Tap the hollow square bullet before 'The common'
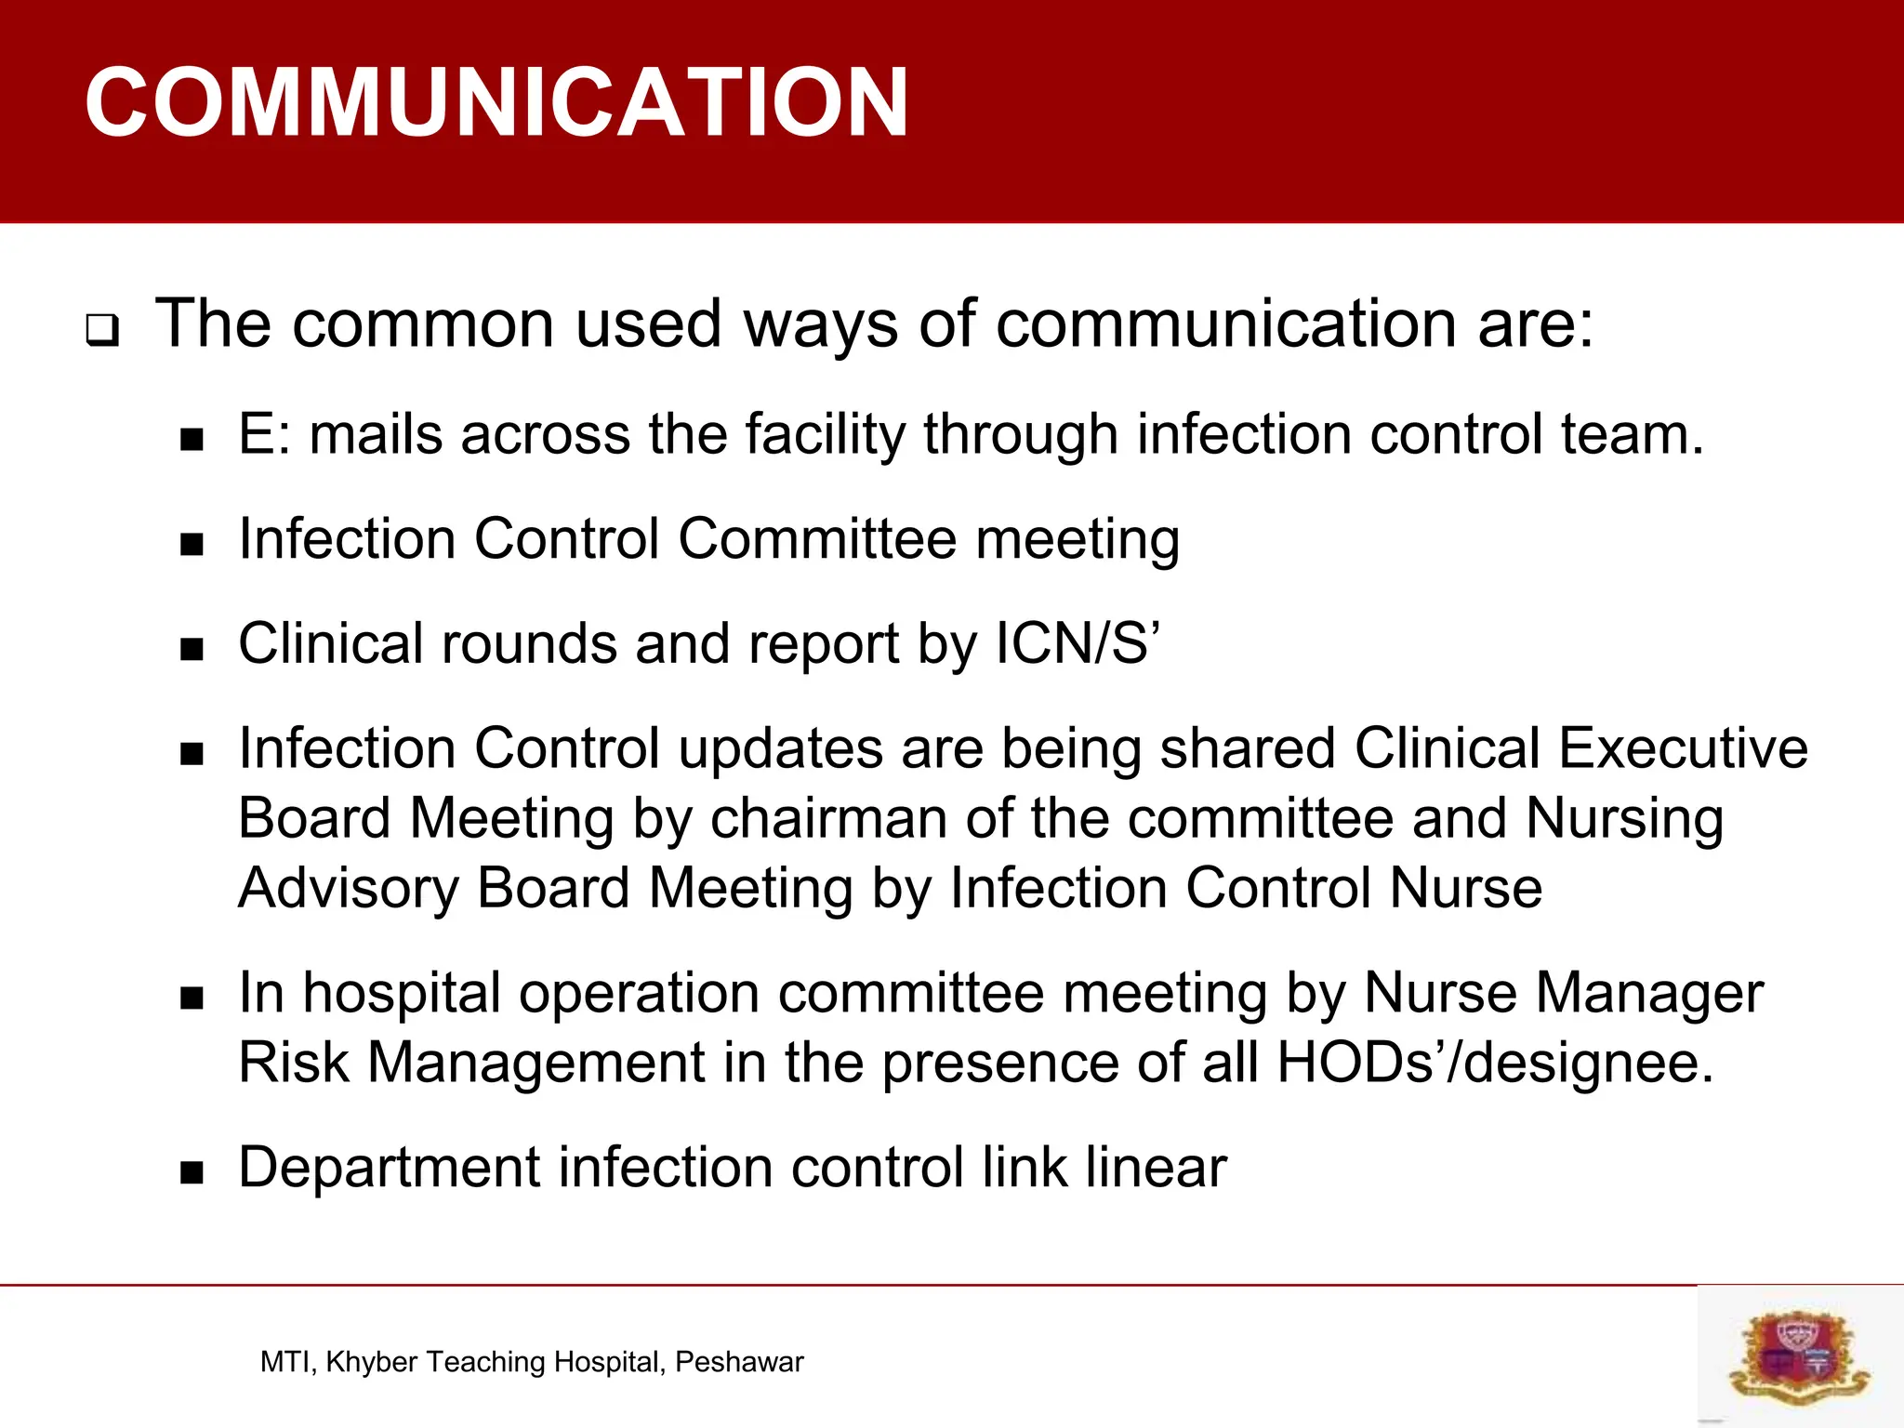coord(102,331)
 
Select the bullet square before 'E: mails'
coord(192,439)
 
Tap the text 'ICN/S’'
coord(1078,643)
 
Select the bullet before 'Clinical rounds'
coord(192,649)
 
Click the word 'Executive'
coord(1683,748)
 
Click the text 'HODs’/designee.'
coord(1494,1063)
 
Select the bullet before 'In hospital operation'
coord(192,998)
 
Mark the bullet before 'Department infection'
coord(192,1172)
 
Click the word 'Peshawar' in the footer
coord(739,1362)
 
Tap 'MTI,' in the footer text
coord(289,1362)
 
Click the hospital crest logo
coord(1799,1355)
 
